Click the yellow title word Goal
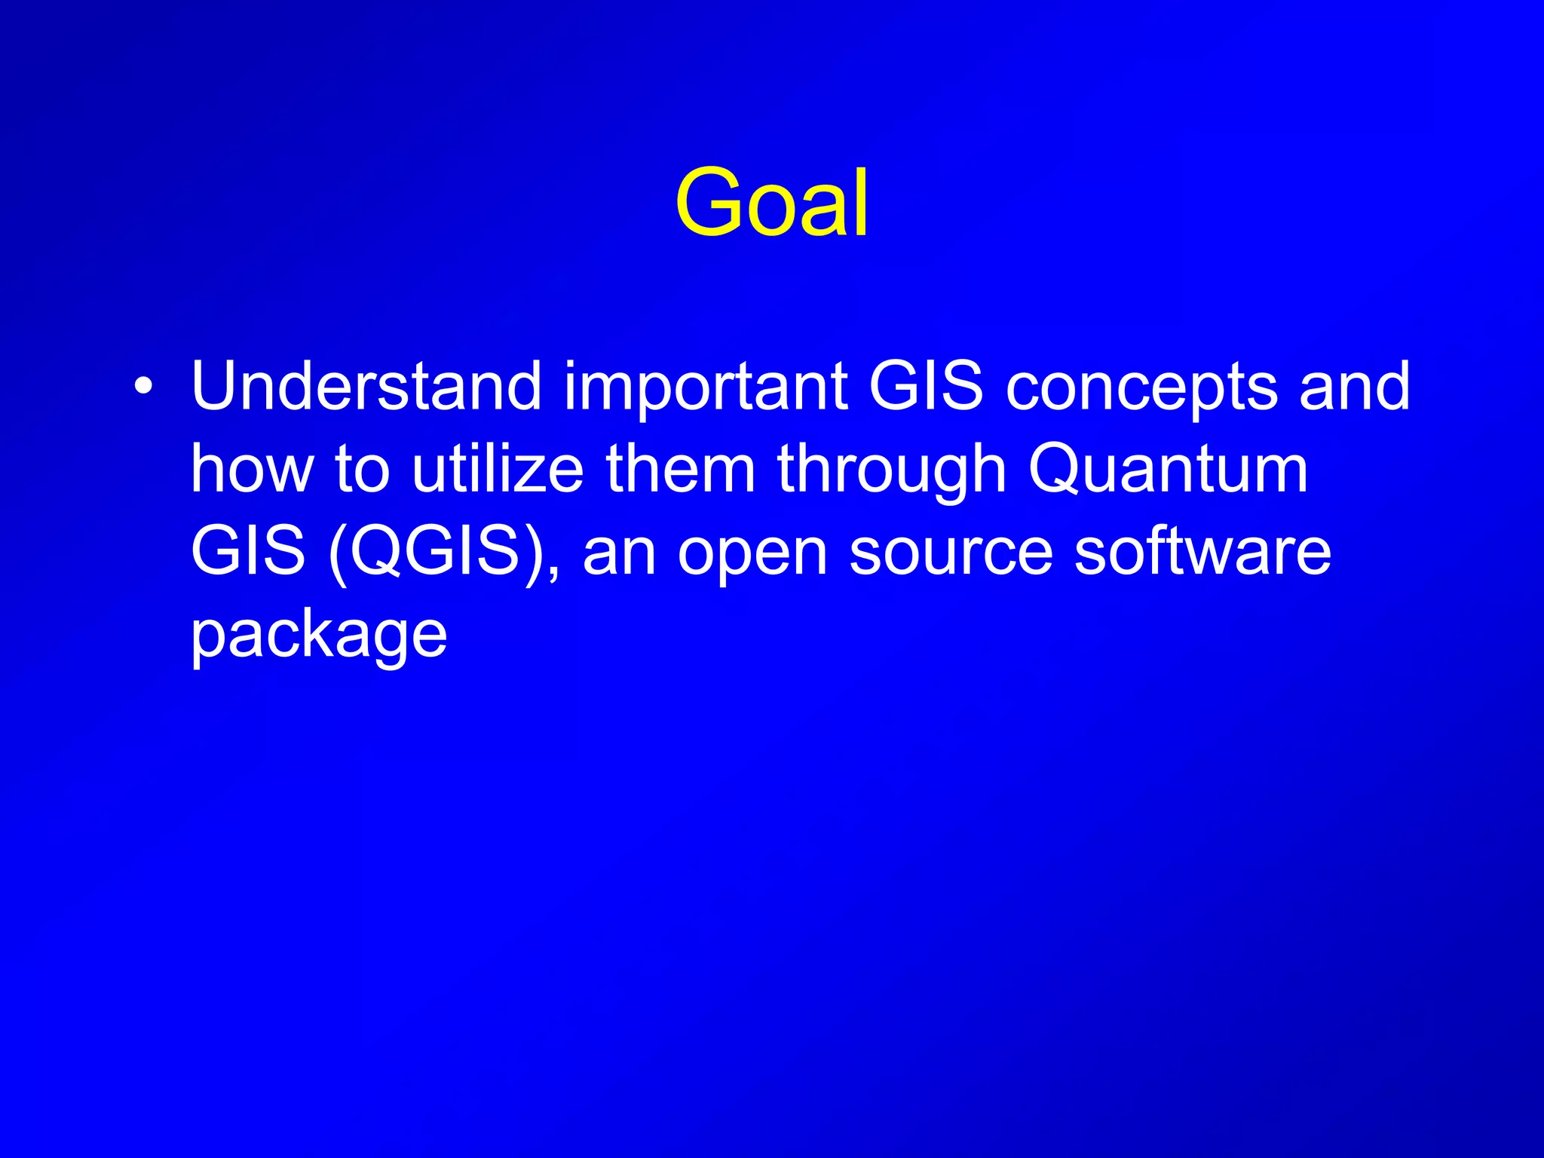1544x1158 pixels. [x=772, y=202]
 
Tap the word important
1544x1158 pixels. [x=706, y=388]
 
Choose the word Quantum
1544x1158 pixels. [x=1168, y=470]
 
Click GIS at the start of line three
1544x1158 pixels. [x=248, y=551]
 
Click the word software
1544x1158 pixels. [x=1202, y=551]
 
